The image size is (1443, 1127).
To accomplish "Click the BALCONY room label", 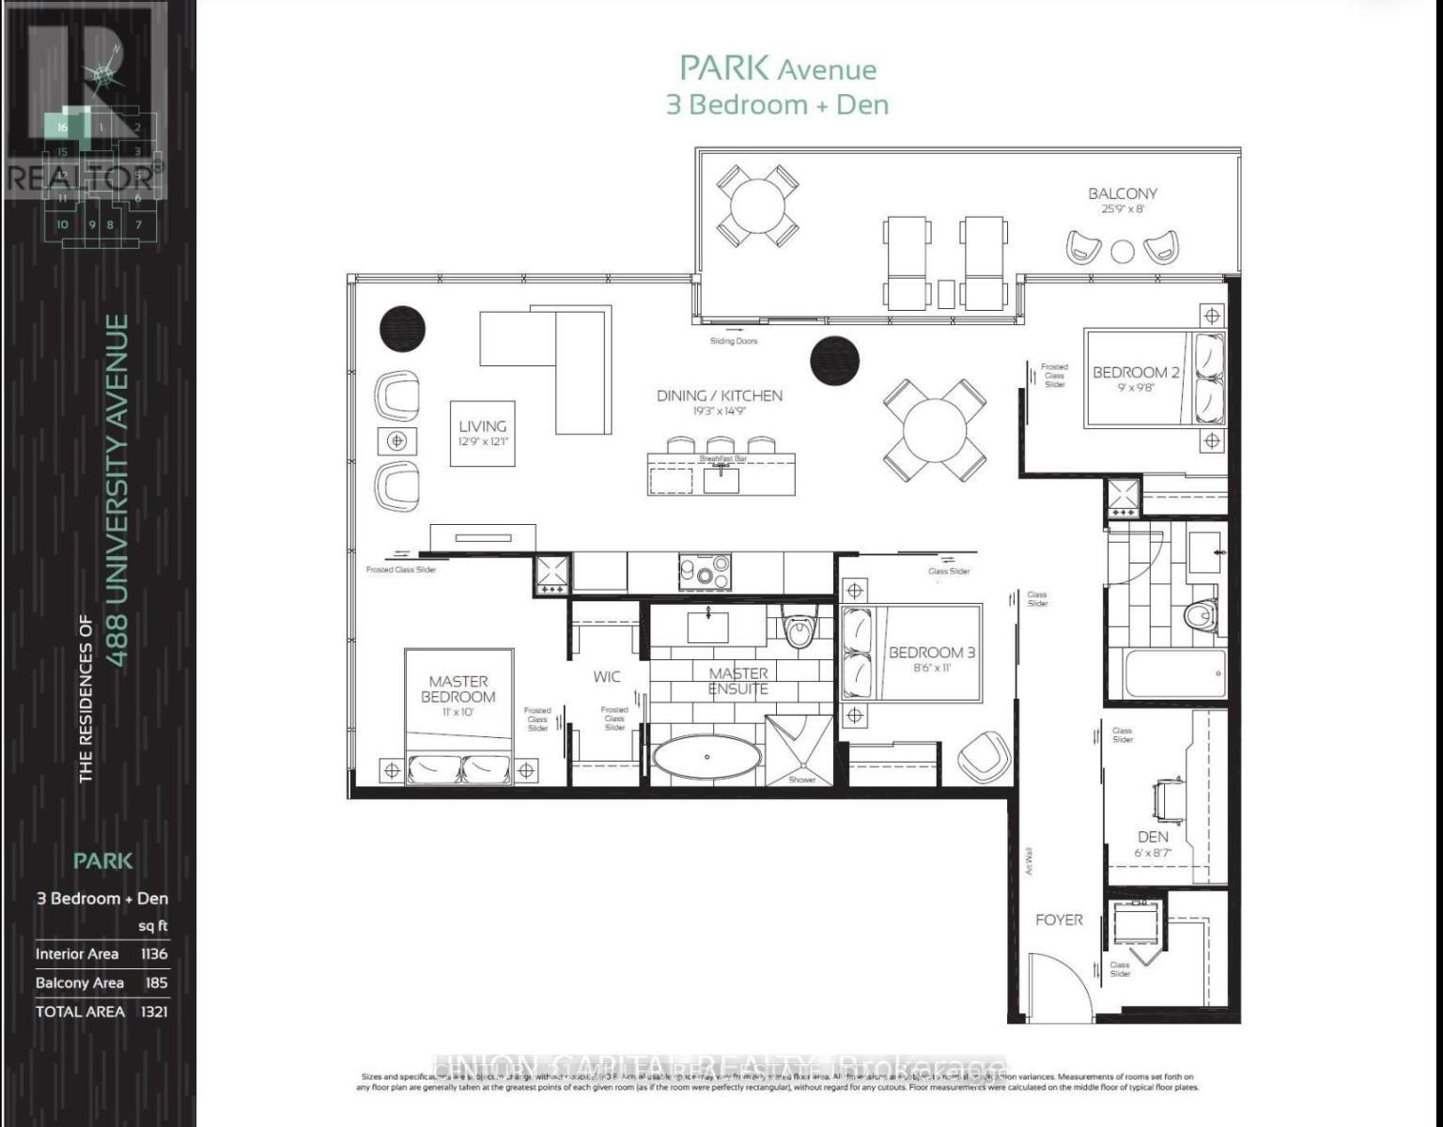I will [1122, 193].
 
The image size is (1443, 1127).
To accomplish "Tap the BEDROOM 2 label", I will [1135, 372].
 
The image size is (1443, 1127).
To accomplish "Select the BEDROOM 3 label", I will [932, 652].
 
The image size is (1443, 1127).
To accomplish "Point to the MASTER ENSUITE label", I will [738, 681].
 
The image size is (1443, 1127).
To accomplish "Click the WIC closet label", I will [607, 676].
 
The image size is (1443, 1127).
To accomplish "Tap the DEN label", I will [1153, 836].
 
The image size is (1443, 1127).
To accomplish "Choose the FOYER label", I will [1059, 919].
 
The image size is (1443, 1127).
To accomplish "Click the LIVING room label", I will [483, 426].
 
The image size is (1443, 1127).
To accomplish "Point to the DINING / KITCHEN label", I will [719, 395].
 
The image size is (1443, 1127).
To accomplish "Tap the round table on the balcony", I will [758, 205].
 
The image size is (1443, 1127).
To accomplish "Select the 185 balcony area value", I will [156, 982].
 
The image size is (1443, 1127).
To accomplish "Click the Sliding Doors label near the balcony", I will [733, 341].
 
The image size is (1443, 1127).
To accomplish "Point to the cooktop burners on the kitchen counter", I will [705, 570].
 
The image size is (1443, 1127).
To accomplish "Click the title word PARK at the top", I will [725, 68].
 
